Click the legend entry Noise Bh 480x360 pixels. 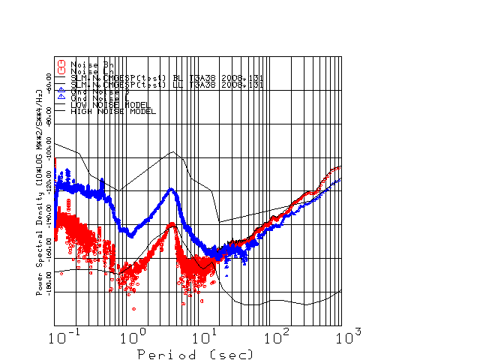[88, 64]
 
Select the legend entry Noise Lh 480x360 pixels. [88, 71]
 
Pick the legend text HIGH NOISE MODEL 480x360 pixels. [112, 112]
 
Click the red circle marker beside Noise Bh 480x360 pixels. [62, 64]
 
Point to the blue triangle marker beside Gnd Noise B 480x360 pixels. [62, 91]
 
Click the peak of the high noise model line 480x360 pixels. [174, 152]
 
